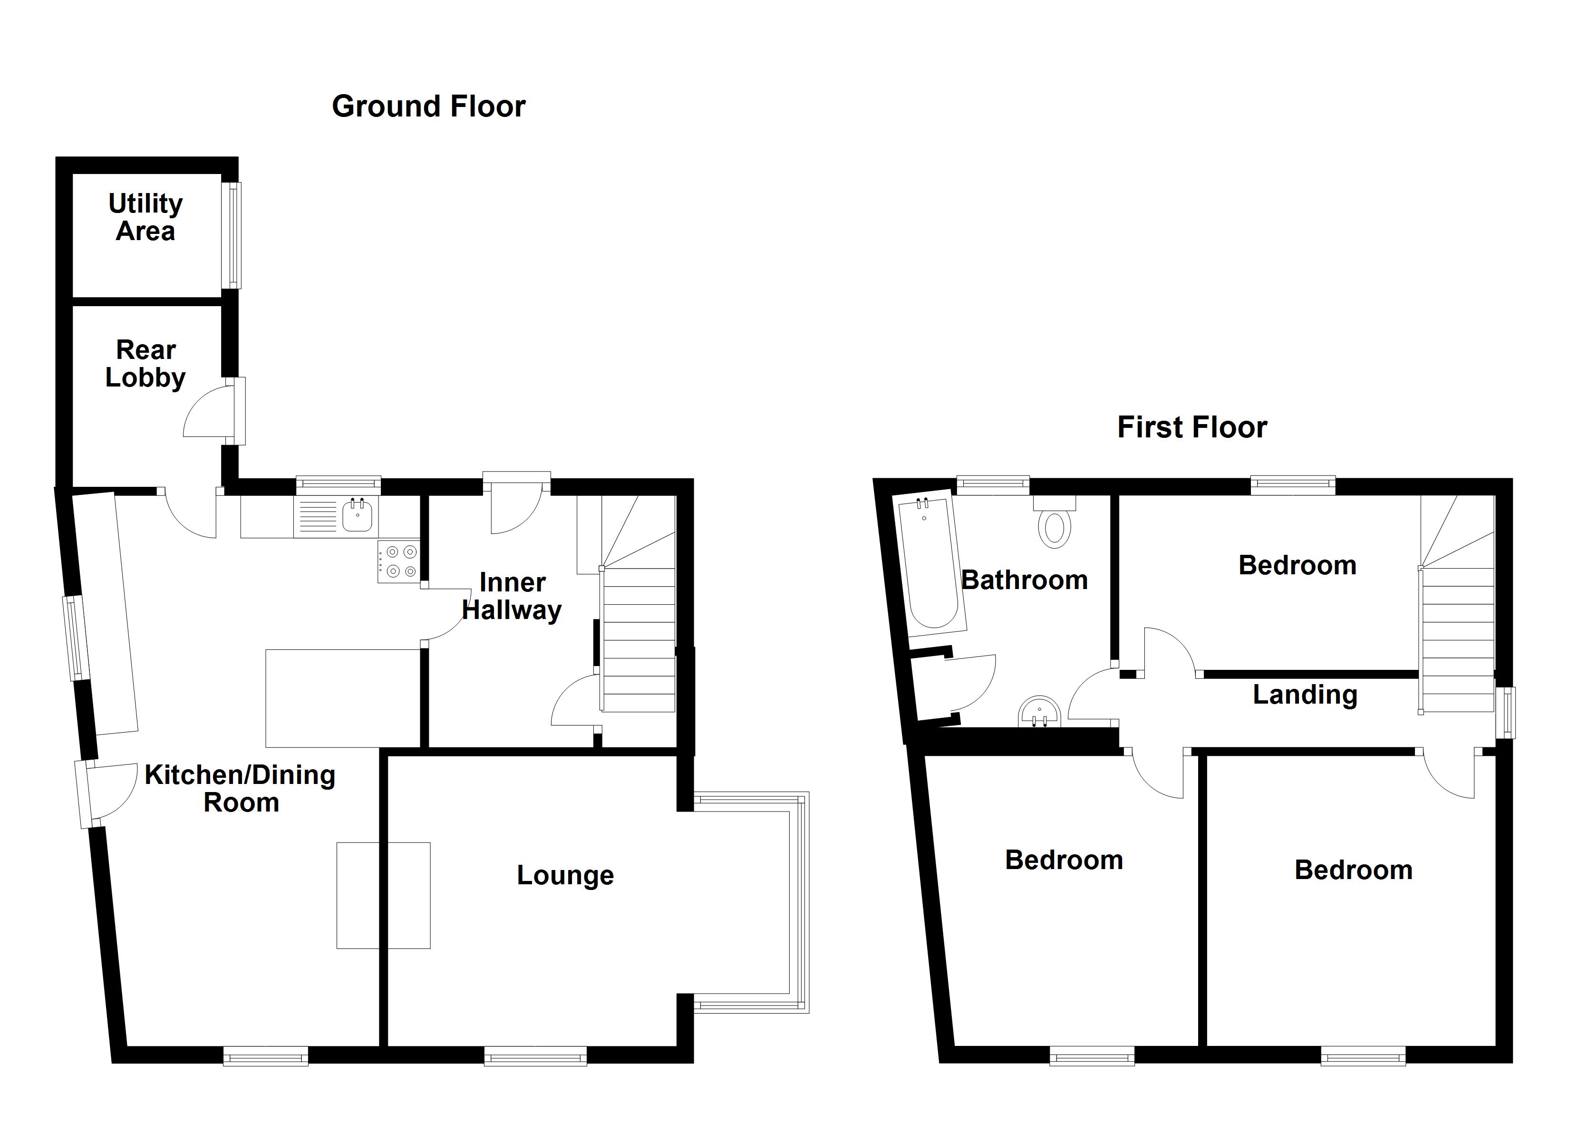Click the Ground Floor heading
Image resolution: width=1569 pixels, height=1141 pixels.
coord(428,106)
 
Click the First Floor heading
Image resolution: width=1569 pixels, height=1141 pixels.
coord(1191,427)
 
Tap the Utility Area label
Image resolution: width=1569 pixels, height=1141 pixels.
coord(145,217)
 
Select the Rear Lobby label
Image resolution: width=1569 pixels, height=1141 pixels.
coord(145,364)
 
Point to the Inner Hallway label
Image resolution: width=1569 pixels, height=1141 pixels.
coord(512,597)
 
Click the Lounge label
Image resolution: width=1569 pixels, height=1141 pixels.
coord(565,875)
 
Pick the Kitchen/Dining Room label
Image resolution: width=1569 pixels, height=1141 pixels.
coord(240,789)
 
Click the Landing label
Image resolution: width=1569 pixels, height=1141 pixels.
coord(1305,695)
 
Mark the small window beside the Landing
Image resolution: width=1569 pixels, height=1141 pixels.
coord(1505,712)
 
